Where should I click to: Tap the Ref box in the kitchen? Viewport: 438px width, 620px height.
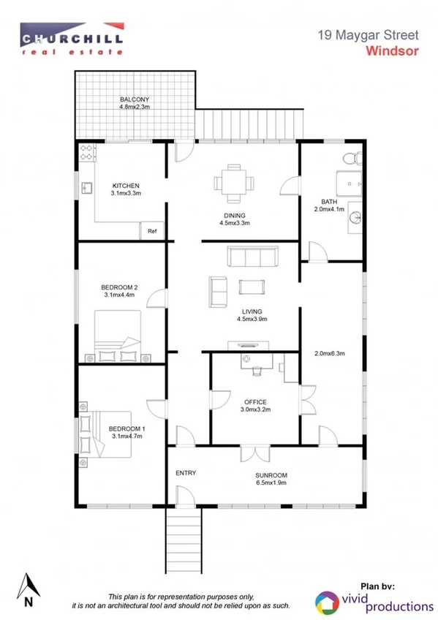[152, 231]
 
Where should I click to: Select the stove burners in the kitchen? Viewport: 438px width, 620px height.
[87, 152]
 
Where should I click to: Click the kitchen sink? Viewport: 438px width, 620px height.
[86, 189]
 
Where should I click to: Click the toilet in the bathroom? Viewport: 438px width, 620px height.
[352, 156]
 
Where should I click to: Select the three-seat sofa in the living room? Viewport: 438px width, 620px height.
[252, 257]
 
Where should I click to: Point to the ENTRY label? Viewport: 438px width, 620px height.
[186, 473]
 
